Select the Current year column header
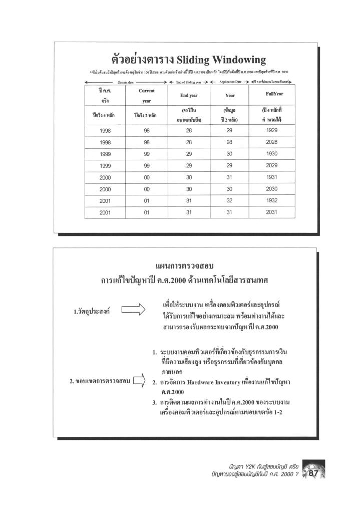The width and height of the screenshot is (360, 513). pyautogui.click(x=146, y=96)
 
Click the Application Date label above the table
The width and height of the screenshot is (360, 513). pyautogui.click(x=230, y=81)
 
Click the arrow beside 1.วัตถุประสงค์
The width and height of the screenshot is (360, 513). pyautogui.click(x=132, y=312)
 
